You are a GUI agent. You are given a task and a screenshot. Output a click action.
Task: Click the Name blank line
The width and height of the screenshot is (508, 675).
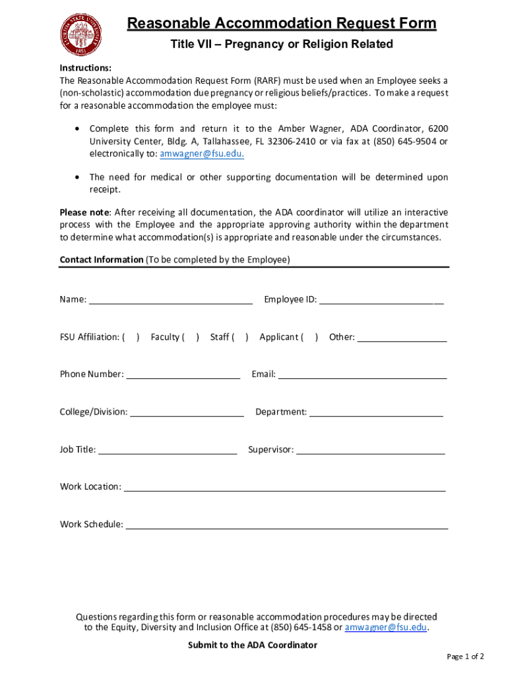click(x=170, y=301)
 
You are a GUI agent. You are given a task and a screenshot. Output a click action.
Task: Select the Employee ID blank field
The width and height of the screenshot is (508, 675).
click(x=381, y=301)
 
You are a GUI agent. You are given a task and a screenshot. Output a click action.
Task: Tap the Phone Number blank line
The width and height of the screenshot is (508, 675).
click(x=183, y=375)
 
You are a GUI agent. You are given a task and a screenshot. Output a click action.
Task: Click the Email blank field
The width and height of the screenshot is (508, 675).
click(x=362, y=375)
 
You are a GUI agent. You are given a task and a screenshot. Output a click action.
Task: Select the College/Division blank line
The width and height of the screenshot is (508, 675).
click(x=187, y=413)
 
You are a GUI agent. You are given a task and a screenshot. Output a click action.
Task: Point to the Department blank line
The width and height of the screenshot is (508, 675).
click(x=376, y=413)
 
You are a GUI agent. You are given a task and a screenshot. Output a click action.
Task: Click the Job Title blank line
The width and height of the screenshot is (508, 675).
click(x=168, y=450)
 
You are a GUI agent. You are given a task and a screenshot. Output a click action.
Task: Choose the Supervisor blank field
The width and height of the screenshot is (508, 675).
click(x=371, y=450)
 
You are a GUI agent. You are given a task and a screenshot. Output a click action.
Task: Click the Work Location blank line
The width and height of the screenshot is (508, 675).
click(x=284, y=488)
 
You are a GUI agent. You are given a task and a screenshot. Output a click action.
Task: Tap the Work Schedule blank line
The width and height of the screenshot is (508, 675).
click(x=286, y=525)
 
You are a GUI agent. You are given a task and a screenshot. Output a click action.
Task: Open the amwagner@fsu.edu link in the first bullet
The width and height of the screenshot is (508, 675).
click(x=202, y=154)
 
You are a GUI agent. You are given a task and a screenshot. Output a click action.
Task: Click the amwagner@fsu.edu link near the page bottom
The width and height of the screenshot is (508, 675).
click(x=386, y=628)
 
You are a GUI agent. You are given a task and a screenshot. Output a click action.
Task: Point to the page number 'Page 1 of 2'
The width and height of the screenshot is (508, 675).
click(x=465, y=657)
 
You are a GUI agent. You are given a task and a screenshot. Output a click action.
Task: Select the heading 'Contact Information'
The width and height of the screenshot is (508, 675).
click(x=101, y=260)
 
